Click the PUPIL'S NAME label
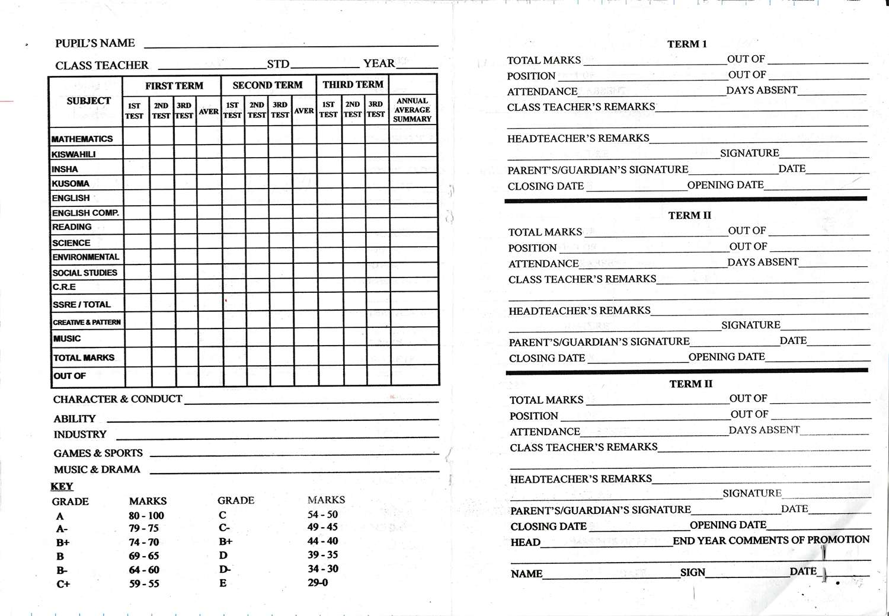click(95, 43)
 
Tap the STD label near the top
click(278, 64)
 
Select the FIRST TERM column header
click(174, 86)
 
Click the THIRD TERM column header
click(353, 85)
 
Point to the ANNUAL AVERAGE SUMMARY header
click(412, 110)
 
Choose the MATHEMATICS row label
click(82, 139)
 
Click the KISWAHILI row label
click(73, 154)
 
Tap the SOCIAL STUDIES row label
click(85, 273)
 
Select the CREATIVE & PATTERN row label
click(87, 323)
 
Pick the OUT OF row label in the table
click(69, 376)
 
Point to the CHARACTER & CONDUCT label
click(117, 399)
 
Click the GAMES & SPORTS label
click(98, 454)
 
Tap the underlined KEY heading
click(62, 486)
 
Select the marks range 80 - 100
click(146, 516)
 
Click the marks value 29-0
click(318, 583)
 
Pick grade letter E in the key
click(223, 583)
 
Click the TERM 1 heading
click(687, 44)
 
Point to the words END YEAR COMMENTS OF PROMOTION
click(771, 540)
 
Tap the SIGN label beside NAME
click(693, 572)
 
